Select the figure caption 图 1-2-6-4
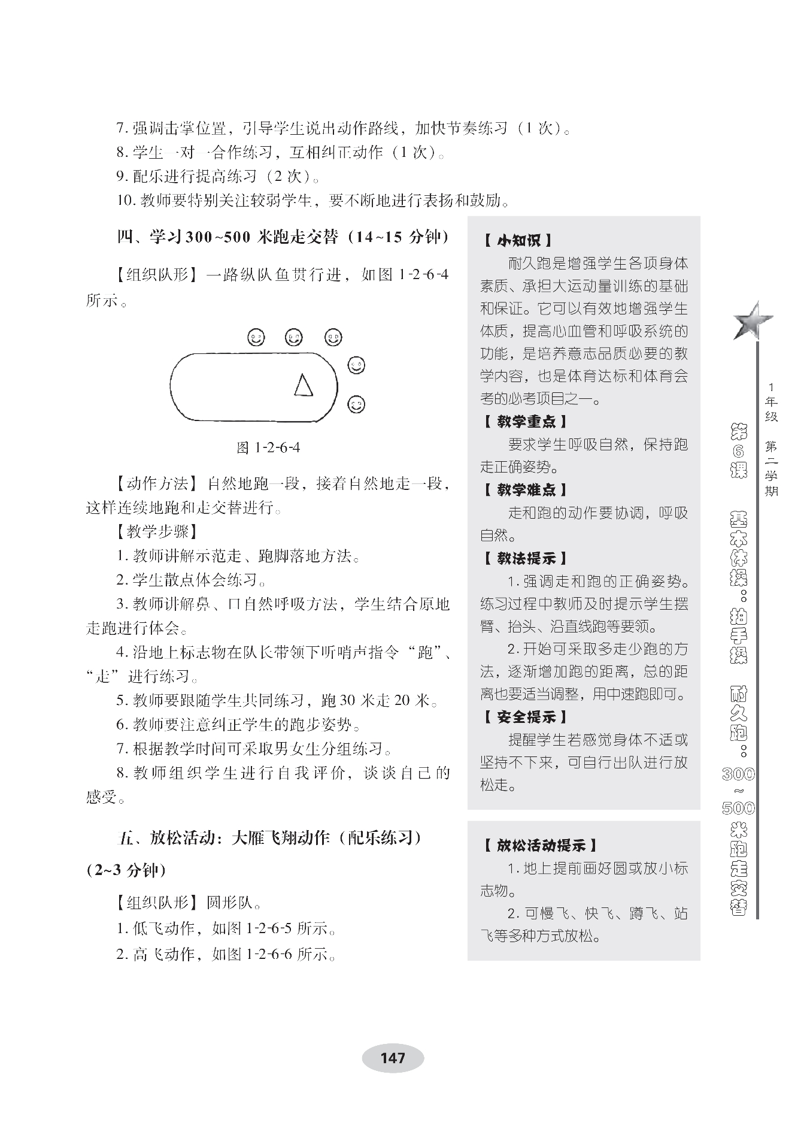268,447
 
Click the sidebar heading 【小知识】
518,241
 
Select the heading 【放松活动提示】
539,845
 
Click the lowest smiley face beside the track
356,404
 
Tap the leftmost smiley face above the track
256,338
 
